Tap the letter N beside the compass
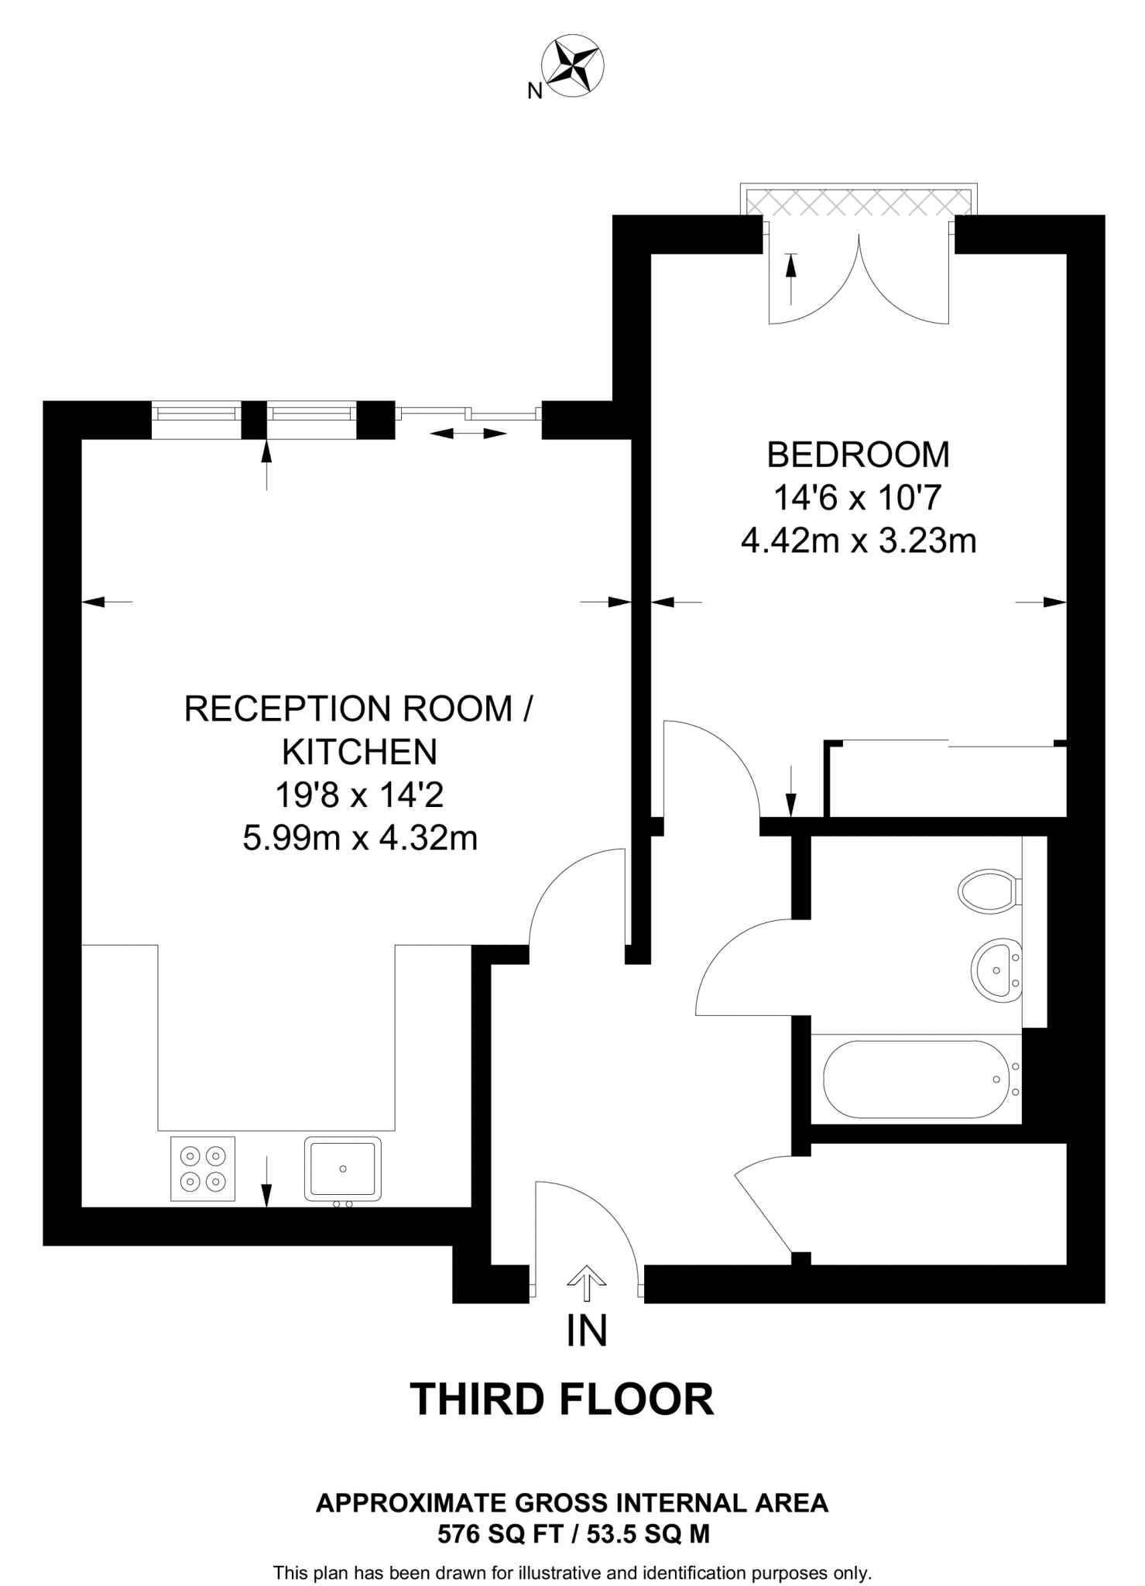(534, 91)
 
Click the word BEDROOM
(858, 455)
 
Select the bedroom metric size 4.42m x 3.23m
(858, 541)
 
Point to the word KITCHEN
(359, 751)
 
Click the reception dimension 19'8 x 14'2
(359, 795)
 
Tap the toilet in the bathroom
(988, 891)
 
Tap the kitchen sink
(342, 1169)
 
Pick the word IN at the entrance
(586, 1330)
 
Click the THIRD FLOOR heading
(561, 1399)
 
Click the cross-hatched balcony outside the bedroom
(858, 203)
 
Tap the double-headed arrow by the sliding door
(468, 433)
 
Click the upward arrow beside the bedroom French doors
(790, 277)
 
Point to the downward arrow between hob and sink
(266, 1181)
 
